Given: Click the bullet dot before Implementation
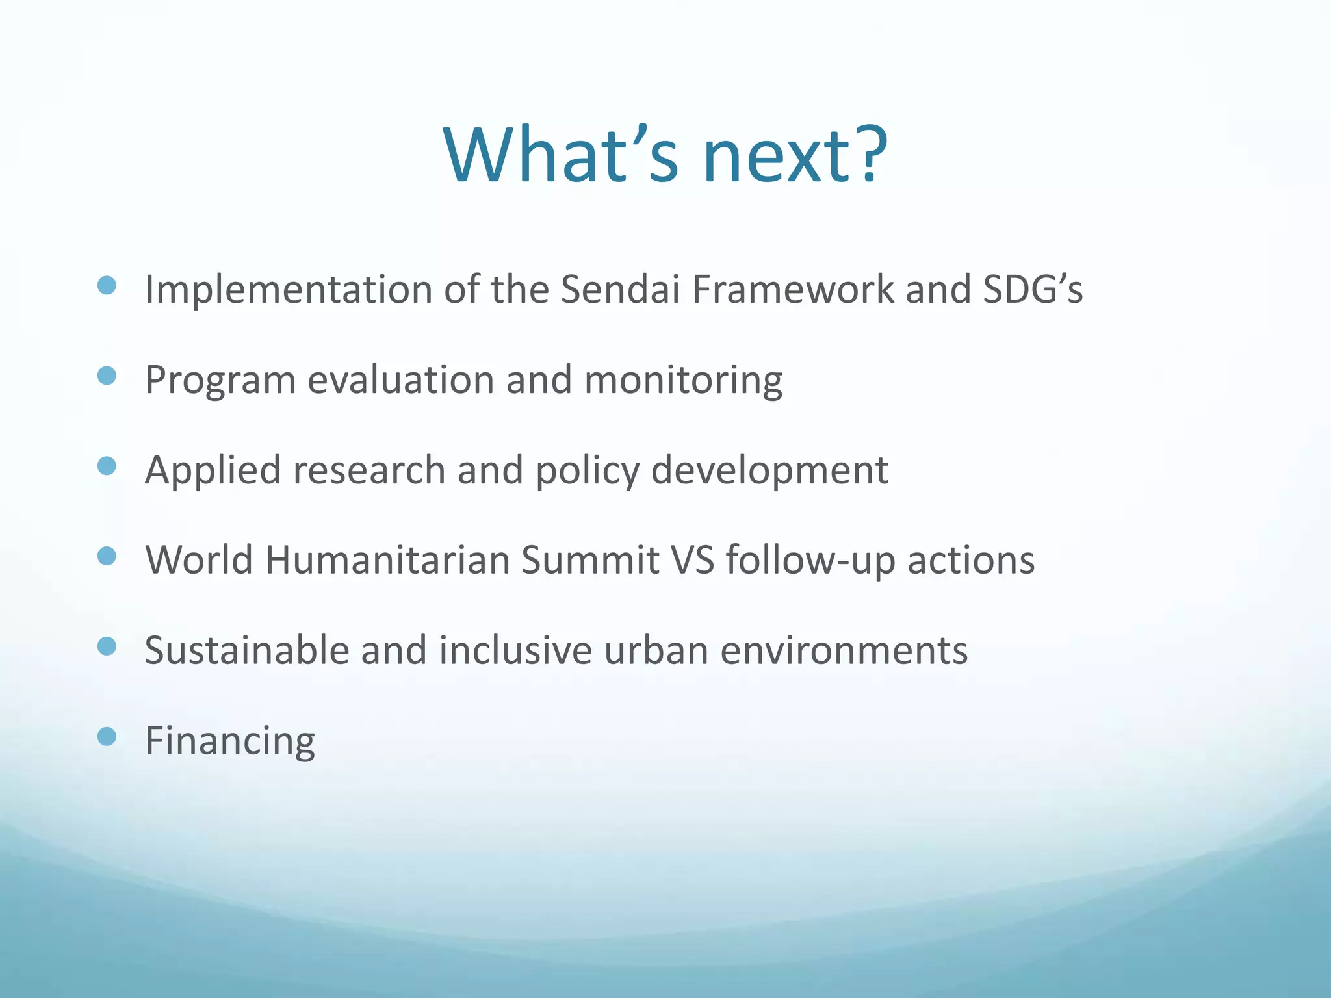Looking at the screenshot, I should [107, 285].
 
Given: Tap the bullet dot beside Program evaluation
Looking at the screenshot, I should [107, 376].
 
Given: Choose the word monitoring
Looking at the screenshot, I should [683, 381].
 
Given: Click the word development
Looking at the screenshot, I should [769, 470].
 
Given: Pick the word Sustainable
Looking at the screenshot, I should [247, 650].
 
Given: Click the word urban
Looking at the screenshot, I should [656, 650].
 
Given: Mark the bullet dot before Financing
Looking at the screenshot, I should [107, 736].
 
